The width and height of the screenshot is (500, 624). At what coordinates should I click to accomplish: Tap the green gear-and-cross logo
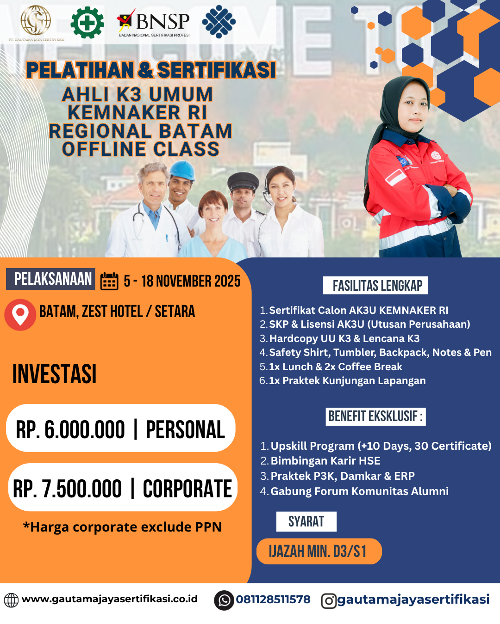[x=87, y=22]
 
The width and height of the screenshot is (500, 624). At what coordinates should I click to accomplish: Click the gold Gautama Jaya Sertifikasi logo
[x=36, y=20]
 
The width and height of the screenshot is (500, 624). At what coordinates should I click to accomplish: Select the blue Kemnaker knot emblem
[x=219, y=21]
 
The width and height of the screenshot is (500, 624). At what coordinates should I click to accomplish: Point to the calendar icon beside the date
[x=109, y=281]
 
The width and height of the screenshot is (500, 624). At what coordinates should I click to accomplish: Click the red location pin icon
[x=20, y=314]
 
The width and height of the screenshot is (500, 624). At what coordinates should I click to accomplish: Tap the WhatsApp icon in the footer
[x=224, y=600]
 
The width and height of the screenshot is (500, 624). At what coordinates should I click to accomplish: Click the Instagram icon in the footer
[x=329, y=601]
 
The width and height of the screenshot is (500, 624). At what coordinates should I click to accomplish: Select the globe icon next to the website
[x=11, y=600]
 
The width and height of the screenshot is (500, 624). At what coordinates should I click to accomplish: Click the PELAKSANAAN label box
[x=50, y=279]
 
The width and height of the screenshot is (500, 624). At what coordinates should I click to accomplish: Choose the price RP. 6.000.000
[x=70, y=429]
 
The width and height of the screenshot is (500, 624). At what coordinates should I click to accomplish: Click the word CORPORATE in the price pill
[x=187, y=489]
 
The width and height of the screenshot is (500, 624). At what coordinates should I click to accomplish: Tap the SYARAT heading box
[x=306, y=521]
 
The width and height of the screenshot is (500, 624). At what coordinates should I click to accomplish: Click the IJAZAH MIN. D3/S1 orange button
[x=319, y=551]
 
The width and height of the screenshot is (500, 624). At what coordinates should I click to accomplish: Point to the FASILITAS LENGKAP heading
[x=375, y=285]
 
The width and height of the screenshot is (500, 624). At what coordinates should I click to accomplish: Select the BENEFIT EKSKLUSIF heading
[x=375, y=416]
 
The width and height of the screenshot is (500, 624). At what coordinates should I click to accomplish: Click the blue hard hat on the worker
[x=182, y=170]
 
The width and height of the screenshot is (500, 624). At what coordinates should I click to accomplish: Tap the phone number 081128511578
[x=273, y=600]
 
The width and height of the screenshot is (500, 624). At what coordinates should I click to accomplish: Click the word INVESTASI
[x=55, y=374]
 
